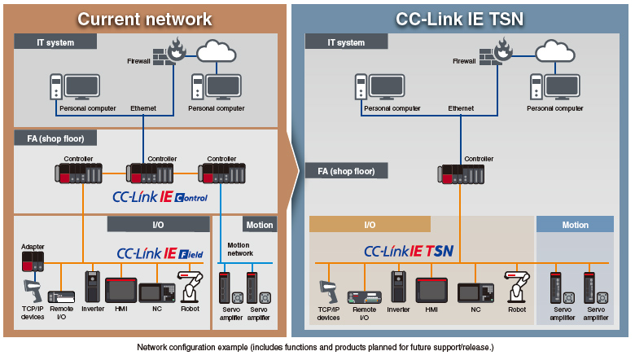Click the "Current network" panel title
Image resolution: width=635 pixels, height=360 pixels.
(145, 18)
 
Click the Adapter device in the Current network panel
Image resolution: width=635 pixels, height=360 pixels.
(32, 261)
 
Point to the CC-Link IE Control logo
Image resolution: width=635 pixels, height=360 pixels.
(160, 197)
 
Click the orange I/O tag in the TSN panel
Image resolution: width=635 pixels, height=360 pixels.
(370, 225)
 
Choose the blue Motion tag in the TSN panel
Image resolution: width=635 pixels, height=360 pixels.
(575, 225)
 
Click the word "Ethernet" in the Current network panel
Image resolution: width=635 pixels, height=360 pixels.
(143, 108)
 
